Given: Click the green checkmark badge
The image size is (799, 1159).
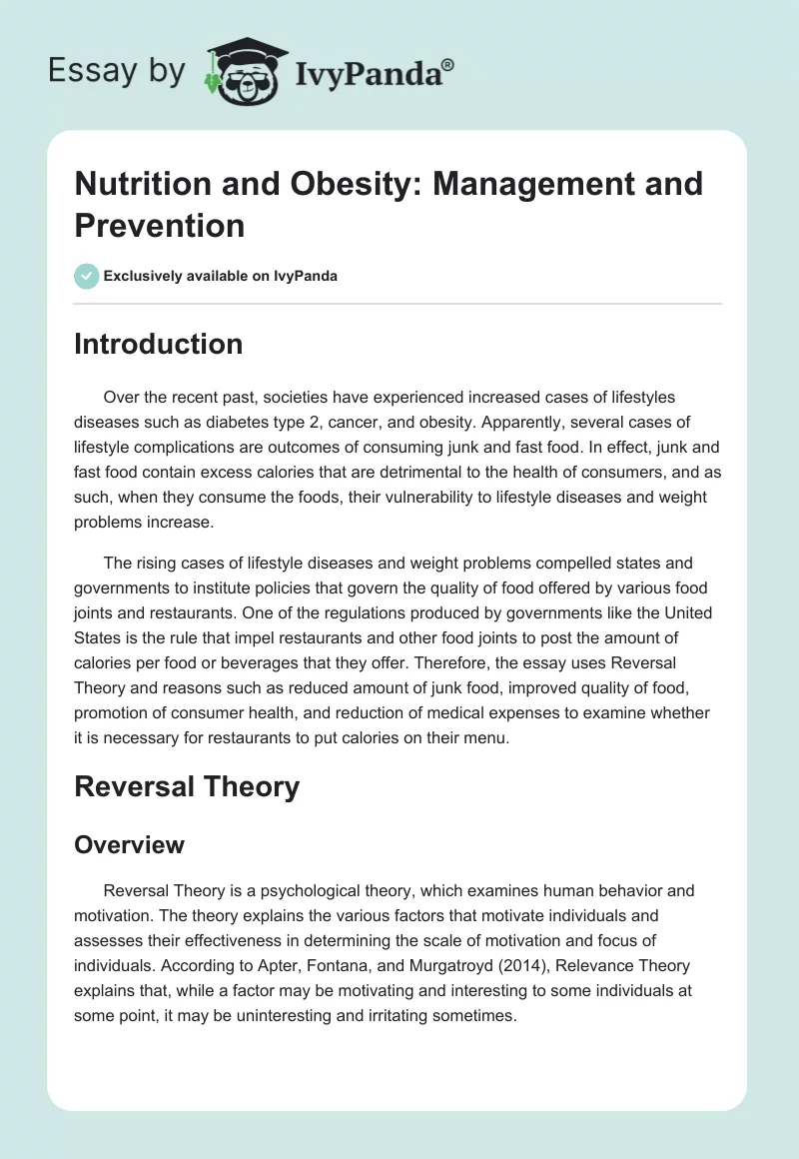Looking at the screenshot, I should [87, 276].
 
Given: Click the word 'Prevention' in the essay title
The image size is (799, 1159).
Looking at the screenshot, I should [160, 225].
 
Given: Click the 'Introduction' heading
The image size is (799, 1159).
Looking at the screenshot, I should [159, 344].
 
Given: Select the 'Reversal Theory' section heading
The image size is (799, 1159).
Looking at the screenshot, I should [187, 786].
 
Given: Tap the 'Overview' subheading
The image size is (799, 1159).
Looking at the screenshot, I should [130, 844].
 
